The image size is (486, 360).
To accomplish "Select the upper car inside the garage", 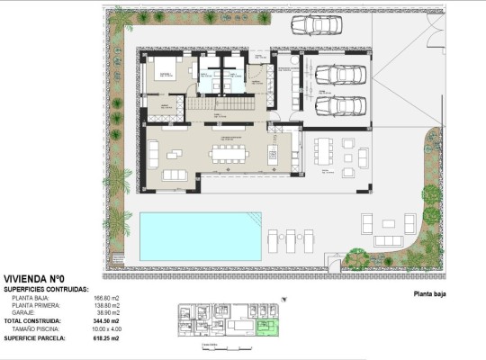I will [337, 76].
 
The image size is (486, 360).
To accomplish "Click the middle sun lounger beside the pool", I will [291, 239].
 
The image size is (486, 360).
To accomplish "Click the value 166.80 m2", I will [106, 297].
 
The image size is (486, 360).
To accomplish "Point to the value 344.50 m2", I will [106, 320].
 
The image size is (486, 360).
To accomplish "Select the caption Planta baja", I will [429, 293].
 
